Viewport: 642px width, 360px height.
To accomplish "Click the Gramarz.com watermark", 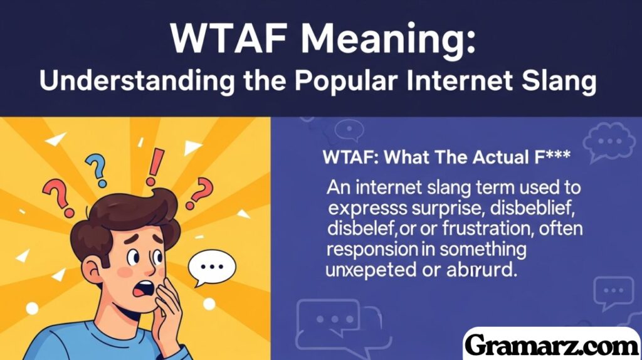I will coord(552,344).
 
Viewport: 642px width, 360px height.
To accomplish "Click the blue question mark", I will coord(96,167).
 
